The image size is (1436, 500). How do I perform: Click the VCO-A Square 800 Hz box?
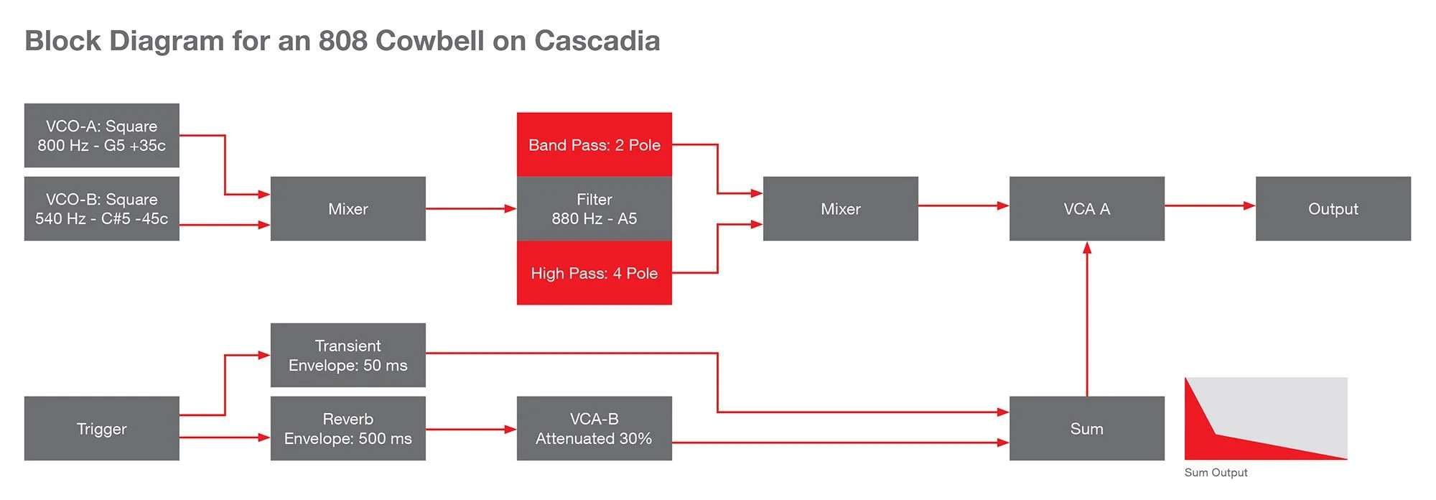[x=101, y=136]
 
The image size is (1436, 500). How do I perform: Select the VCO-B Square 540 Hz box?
[x=101, y=209]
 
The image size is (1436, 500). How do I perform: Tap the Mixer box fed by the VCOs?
[x=348, y=209]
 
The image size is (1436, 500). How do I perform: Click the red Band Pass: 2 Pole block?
[x=594, y=144]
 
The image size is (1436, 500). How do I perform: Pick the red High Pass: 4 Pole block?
[x=594, y=273]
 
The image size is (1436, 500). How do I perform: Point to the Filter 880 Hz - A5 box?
[x=594, y=209]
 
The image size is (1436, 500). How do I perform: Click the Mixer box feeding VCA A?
[x=840, y=209]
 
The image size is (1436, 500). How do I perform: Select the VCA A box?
[x=1086, y=209]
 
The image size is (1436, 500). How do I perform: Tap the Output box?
[x=1333, y=209]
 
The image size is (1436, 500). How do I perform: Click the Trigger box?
[x=101, y=429]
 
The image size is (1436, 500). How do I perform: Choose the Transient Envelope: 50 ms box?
[x=348, y=356]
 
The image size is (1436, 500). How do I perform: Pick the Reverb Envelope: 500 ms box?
[x=348, y=429]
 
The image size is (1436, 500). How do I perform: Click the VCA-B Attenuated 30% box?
[x=594, y=429]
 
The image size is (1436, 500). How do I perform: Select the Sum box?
[x=1086, y=429]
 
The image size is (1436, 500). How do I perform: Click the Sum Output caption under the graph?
[x=1216, y=473]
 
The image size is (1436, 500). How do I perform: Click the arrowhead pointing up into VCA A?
[x=1087, y=248]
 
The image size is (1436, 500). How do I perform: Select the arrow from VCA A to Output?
[x=1209, y=205]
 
